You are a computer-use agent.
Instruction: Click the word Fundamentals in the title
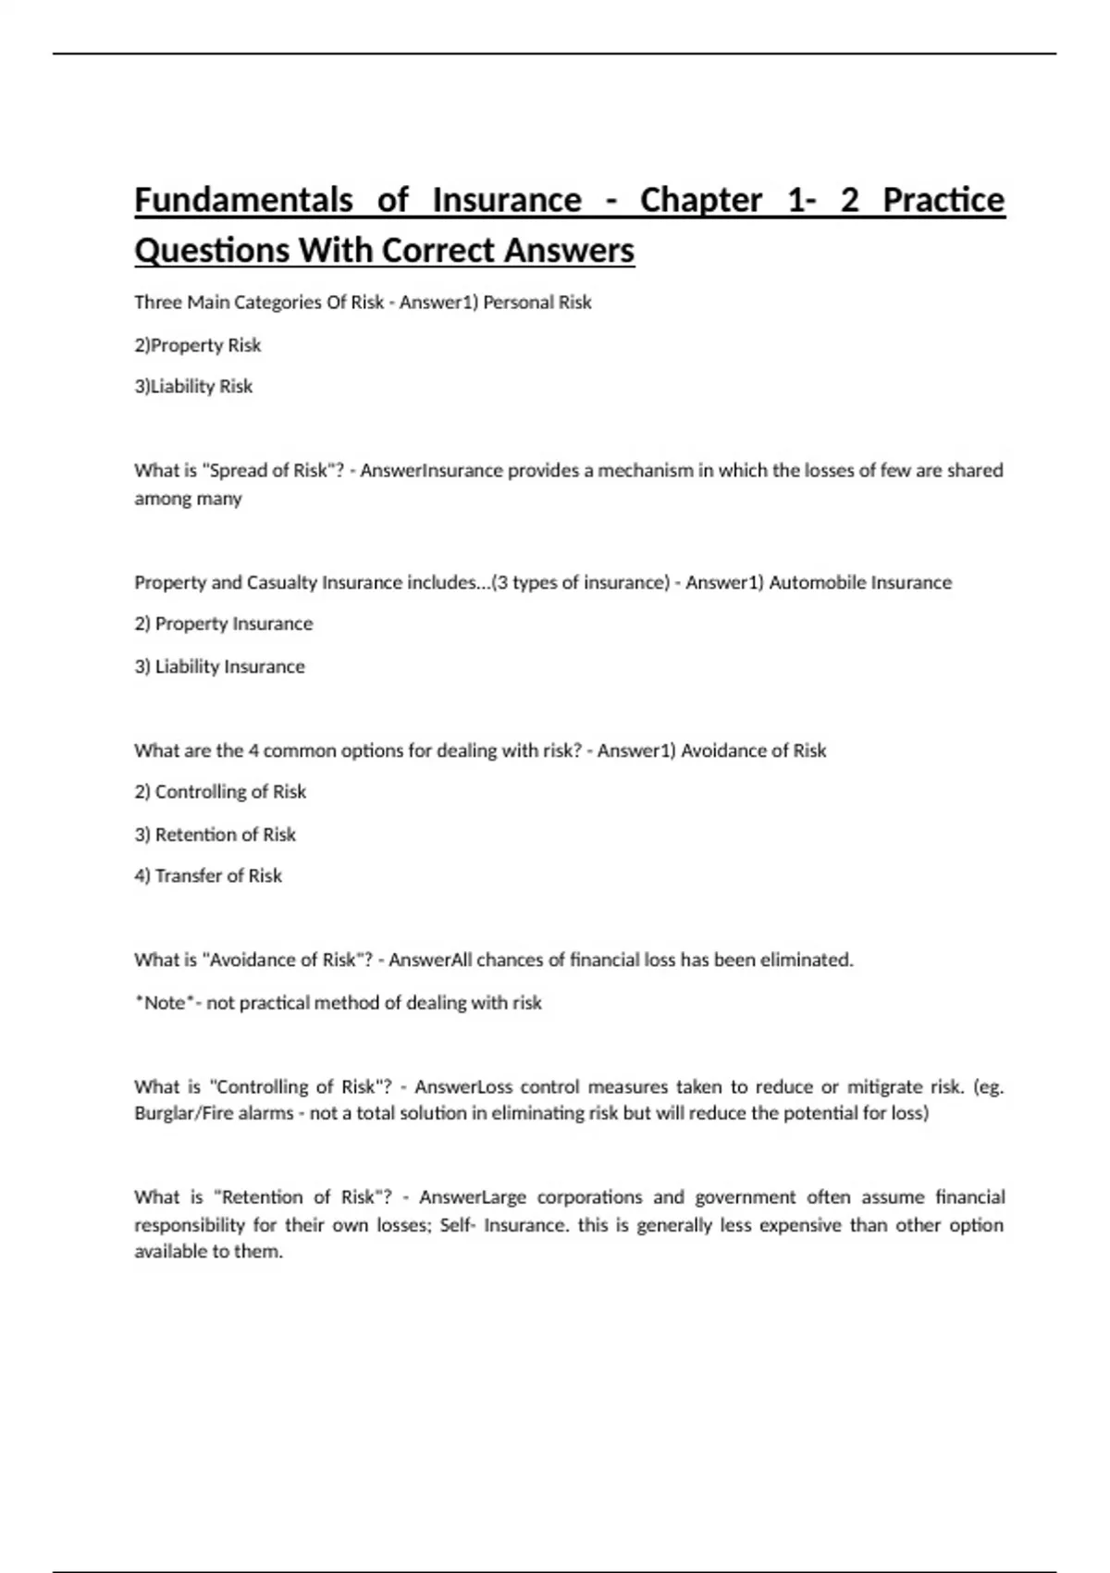coord(243,200)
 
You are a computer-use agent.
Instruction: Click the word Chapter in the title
coord(700,200)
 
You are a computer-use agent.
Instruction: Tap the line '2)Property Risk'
coord(197,345)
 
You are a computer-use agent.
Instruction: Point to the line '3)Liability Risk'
coord(193,387)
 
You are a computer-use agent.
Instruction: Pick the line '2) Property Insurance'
coord(223,625)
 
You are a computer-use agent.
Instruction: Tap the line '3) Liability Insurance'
coord(219,666)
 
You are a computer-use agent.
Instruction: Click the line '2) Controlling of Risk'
coord(220,792)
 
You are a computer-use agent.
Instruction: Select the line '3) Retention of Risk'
coord(215,835)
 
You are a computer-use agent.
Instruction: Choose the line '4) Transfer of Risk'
coord(208,876)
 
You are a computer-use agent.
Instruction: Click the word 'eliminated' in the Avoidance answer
coord(806,960)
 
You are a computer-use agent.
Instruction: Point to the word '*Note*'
coord(163,1003)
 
